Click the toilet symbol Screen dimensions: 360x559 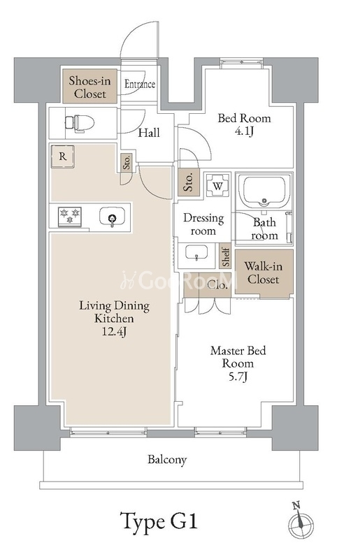click(80, 124)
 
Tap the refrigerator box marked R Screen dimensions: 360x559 click(62, 157)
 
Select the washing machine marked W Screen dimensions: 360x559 click(218, 185)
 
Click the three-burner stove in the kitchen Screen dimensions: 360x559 click(70, 217)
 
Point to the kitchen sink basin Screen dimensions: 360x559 click(112, 217)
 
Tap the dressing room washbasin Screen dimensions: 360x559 click(196, 254)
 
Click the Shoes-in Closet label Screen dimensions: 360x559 click(90, 87)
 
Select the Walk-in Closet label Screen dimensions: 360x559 click(264, 273)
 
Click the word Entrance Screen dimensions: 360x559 click(140, 84)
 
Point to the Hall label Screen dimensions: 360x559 click(149, 133)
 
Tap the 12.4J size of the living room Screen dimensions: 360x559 click(114, 332)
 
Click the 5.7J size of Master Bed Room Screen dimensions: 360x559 click(238, 377)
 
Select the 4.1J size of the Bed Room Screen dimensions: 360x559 click(245, 131)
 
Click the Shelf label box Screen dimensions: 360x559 click(226, 256)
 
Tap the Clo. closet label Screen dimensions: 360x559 click(217, 285)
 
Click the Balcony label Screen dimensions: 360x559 click(167, 460)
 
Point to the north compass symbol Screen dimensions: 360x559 click(301, 521)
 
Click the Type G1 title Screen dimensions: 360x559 click(159, 522)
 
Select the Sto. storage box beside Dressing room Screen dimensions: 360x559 click(189, 182)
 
